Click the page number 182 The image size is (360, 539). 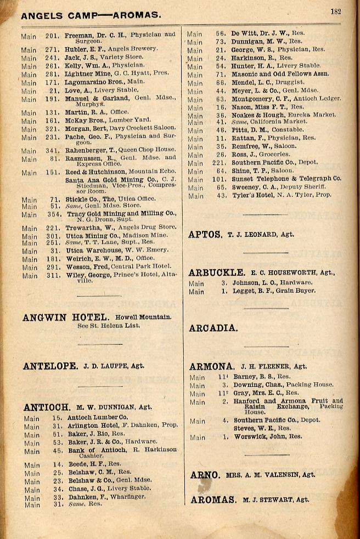(x=335, y=11)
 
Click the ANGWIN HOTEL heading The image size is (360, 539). (x=66, y=317)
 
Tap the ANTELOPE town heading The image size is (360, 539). (x=50, y=366)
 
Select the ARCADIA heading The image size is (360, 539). (x=213, y=328)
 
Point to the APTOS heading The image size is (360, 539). (x=205, y=234)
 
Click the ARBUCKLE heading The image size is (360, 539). (x=217, y=273)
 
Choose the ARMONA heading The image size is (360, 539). (x=212, y=366)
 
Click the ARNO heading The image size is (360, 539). (x=205, y=475)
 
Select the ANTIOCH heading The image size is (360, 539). (x=47, y=407)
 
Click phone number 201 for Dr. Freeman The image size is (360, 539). (x=52, y=36)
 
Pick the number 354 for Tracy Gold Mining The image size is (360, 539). (x=54, y=215)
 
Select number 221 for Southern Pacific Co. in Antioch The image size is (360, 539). (x=220, y=163)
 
